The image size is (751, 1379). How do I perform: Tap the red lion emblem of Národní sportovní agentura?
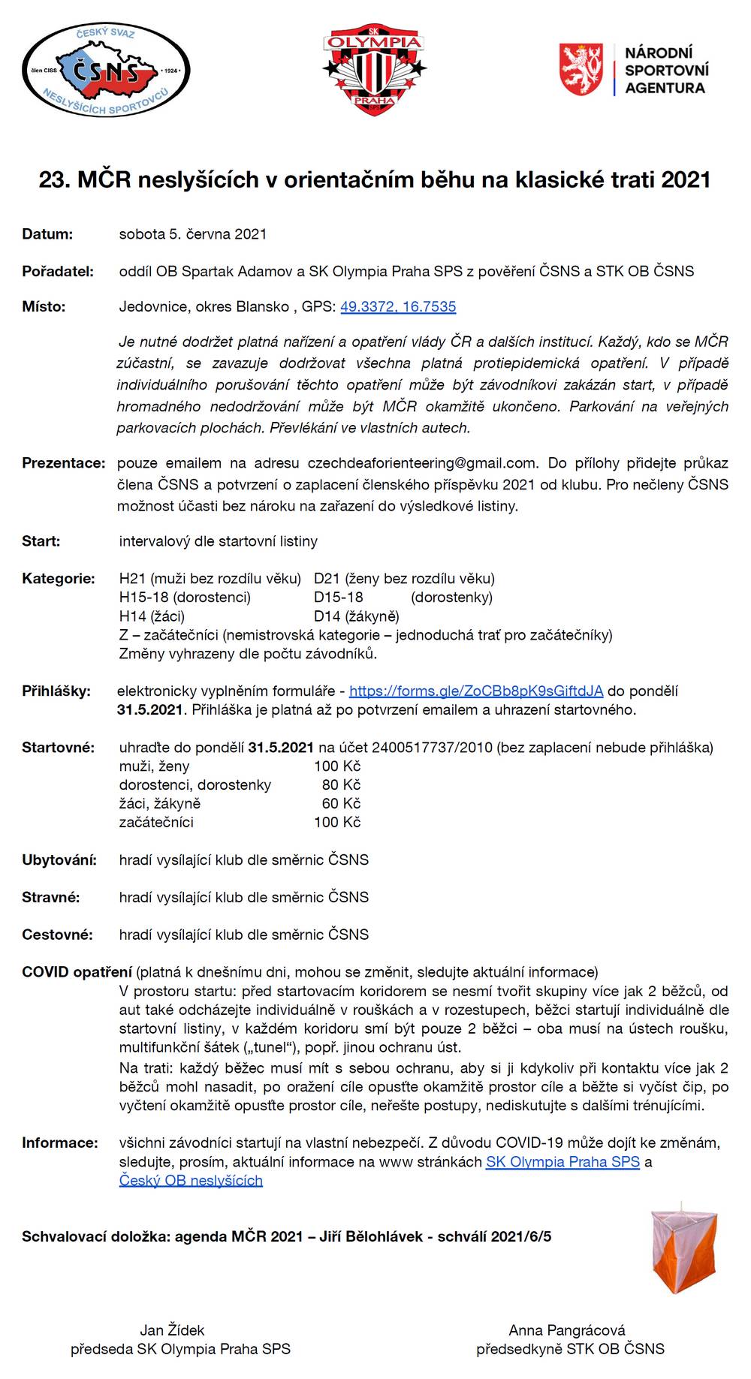581,69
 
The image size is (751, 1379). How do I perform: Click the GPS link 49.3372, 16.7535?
398,307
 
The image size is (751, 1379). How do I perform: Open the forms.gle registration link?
476,691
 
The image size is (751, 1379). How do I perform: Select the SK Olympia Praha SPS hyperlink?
562,1162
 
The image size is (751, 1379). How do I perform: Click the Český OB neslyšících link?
191,1181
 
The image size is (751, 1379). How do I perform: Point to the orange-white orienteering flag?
684,1251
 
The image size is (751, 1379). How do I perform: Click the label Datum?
47,234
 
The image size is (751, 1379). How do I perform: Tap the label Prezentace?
63,463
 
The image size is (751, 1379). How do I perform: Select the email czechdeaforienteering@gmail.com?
423,463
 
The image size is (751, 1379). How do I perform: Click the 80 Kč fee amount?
341,785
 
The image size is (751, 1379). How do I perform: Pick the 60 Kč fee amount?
341,804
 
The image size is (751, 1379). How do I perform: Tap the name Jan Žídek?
172,1330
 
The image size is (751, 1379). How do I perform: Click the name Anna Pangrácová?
567,1330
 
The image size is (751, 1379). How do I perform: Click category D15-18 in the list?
338,598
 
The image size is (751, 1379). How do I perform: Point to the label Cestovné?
57,935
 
